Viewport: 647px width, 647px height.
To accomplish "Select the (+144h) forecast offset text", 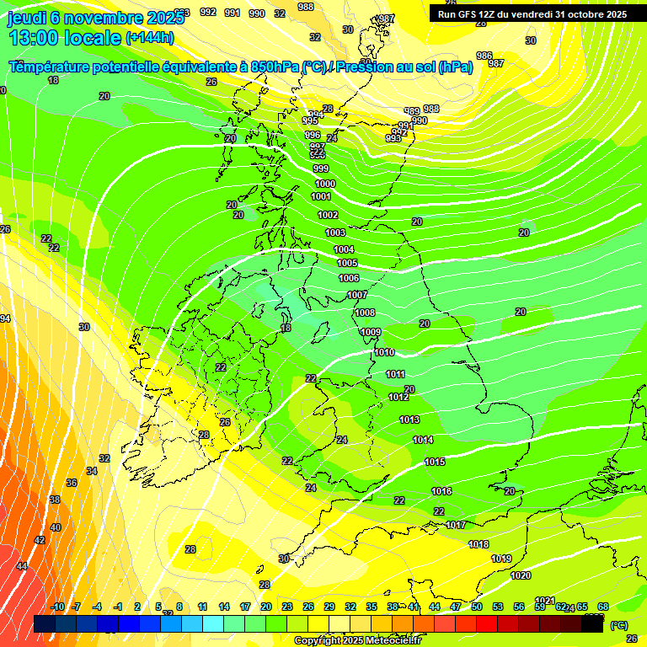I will tap(150, 38).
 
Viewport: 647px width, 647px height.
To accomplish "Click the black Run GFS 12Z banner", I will tap(532, 13).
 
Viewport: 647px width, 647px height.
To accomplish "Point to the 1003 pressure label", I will tap(335, 233).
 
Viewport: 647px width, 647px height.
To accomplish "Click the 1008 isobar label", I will tap(365, 313).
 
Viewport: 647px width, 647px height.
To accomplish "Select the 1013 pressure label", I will tap(409, 420).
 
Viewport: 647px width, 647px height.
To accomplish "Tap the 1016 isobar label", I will tap(441, 491).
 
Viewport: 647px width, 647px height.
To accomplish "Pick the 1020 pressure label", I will tap(521, 575).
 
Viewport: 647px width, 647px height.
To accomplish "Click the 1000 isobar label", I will tap(324, 184).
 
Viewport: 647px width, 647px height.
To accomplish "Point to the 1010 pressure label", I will tap(384, 352).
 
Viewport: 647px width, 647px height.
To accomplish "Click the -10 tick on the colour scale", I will tap(57, 607).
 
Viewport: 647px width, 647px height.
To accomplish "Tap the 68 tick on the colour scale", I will tap(603, 607).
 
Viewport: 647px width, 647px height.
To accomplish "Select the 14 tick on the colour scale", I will tap(224, 607).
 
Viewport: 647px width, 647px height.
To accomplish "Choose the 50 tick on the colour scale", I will tap(477, 607).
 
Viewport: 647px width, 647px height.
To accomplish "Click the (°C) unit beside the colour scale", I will tap(619, 625).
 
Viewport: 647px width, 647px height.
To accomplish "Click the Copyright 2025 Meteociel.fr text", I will tap(356, 640).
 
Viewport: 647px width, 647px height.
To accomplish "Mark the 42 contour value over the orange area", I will tap(40, 540).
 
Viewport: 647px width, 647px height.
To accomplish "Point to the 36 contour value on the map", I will tap(72, 483).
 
